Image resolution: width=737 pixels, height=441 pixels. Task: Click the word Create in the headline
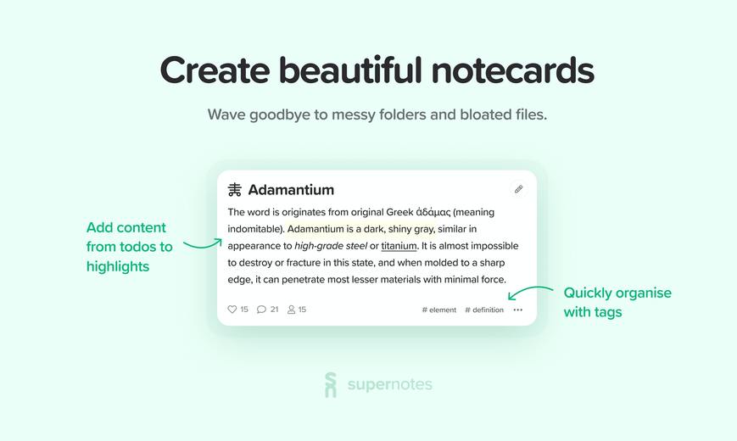[215, 70]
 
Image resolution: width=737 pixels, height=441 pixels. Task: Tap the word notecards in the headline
[513, 70]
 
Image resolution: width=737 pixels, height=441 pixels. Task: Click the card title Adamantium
[291, 189]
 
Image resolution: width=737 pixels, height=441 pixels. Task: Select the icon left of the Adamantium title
[235, 189]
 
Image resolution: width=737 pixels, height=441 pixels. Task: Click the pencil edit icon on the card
[518, 189]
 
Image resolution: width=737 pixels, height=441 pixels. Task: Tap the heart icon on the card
[232, 309]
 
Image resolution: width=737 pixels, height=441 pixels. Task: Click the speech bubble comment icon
[261, 309]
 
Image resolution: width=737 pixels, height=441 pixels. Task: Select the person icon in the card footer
[292, 309]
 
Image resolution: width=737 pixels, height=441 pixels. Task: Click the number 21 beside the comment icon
[275, 309]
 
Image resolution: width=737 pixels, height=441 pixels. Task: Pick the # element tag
[439, 310]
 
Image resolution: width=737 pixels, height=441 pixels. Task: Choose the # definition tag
[484, 310]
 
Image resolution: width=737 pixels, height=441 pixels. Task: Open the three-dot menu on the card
[518, 310]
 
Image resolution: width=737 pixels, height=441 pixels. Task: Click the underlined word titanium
[399, 246]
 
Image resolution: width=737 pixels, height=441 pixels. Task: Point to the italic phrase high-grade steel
[331, 246]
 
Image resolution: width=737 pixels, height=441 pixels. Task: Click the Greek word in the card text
[433, 212]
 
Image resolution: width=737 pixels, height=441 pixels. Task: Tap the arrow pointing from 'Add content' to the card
[202, 245]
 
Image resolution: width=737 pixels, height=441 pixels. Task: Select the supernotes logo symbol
[331, 384]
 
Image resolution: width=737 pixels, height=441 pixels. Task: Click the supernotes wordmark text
[389, 384]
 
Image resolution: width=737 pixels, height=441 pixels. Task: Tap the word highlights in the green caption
[118, 266]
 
